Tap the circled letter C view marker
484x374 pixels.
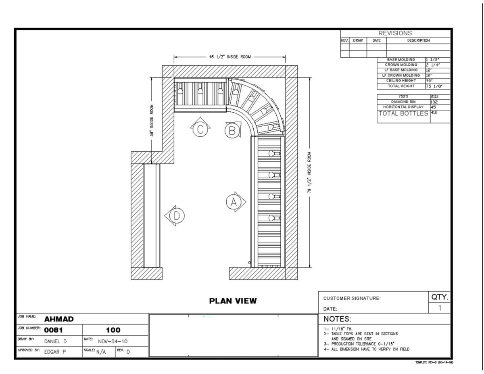(x=200, y=129)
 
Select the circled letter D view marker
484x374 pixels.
(x=176, y=216)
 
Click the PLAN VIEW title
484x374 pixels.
(x=232, y=301)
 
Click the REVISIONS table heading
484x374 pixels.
(x=395, y=33)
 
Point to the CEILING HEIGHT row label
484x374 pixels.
(x=401, y=81)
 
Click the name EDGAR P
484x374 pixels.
(x=55, y=351)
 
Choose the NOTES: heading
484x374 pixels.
(x=338, y=319)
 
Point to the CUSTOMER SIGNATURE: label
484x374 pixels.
(x=352, y=299)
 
